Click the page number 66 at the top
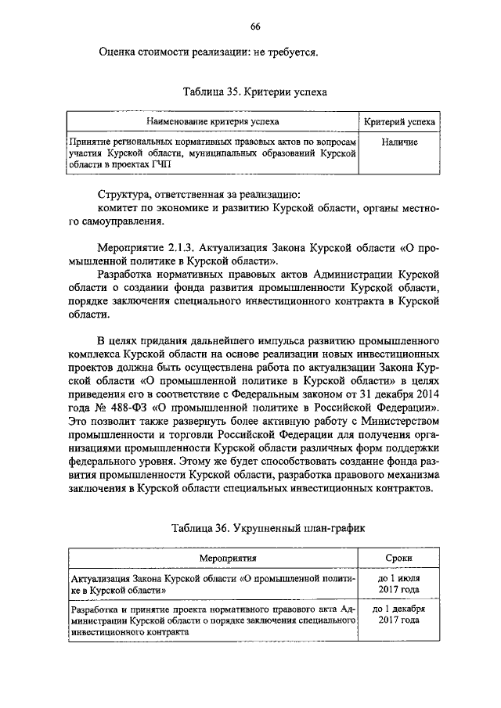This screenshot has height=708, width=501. tap(255, 27)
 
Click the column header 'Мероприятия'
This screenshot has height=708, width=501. tap(211, 559)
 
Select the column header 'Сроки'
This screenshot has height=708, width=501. tap(400, 559)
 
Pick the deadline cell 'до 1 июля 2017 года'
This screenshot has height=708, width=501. tap(400, 584)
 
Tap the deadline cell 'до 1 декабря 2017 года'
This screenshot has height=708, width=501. tap(400, 614)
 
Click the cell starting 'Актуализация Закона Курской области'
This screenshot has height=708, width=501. tap(211, 584)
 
